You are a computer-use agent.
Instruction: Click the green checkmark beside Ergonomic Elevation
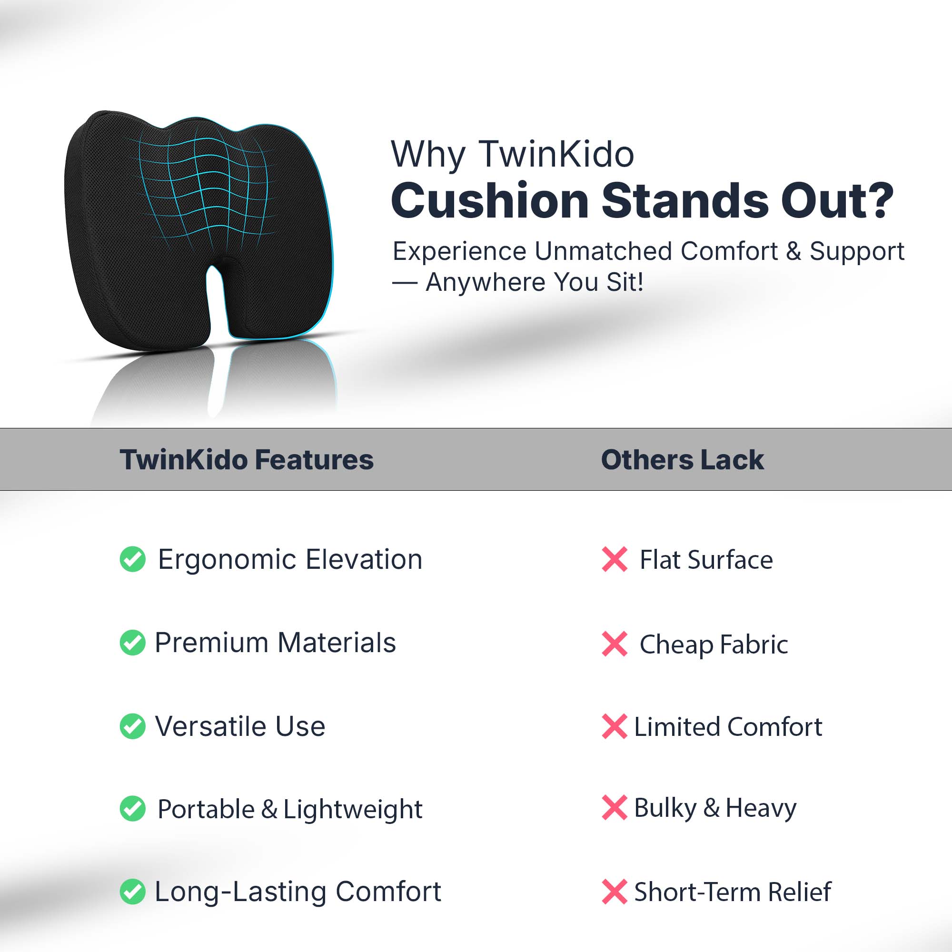[x=132, y=559]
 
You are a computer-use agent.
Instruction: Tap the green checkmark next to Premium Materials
[x=132, y=643]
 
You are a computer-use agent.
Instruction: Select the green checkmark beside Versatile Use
[x=132, y=726]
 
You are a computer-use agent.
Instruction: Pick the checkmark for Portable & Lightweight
[x=132, y=809]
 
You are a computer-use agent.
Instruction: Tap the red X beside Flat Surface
[x=615, y=559]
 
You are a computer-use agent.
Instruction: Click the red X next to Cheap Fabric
[x=615, y=644]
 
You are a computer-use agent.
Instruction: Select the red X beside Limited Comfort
[x=615, y=726]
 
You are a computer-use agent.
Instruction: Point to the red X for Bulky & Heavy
[x=615, y=808]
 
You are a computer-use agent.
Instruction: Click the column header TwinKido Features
[x=247, y=460]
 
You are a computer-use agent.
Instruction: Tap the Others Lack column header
[x=683, y=460]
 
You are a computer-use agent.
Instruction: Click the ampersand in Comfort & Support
[x=793, y=251]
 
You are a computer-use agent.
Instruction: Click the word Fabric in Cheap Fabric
[x=754, y=644]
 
